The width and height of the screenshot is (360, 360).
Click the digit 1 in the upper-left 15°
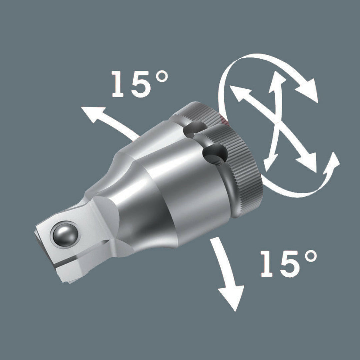click(120, 84)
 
